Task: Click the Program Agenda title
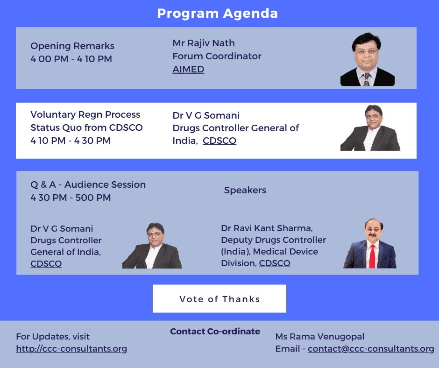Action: click(x=217, y=14)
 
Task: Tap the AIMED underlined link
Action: click(x=188, y=69)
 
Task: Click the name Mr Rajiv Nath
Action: click(x=204, y=43)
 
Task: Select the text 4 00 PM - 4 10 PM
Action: click(x=71, y=59)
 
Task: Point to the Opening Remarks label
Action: click(x=72, y=46)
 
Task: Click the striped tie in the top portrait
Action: click(x=366, y=79)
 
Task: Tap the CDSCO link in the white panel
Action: click(x=219, y=141)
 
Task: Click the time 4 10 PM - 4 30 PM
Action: click(x=71, y=141)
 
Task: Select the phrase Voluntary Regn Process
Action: click(x=85, y=114)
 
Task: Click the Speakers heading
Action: click(x=245, y=191)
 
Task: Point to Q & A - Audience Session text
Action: click(x=88, y=184)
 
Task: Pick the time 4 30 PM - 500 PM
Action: click(x=71, y=198)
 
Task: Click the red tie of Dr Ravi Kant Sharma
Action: click(x=372, y=256)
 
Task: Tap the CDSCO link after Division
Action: click(x=275, y=263)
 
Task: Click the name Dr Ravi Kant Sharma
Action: click(x=267, y=228)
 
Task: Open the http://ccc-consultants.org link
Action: click(x=71, y=349)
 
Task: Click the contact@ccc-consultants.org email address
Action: click(x=371, y=349)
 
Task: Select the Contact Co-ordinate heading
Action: click(x=215, y=331)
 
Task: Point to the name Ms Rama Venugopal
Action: click(x=320, y=336)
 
